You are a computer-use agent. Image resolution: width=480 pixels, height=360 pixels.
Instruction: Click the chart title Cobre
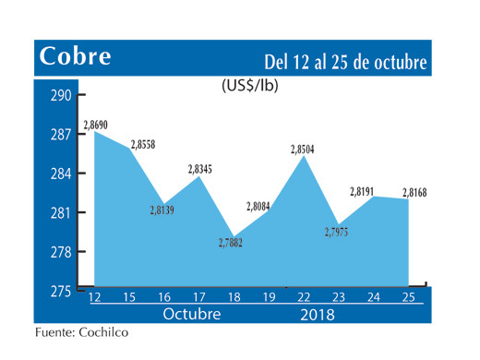tap(75, 57)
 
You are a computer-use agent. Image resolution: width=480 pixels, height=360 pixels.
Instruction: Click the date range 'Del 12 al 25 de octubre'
tap(344, 62)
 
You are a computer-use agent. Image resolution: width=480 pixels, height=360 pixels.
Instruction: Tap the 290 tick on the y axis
tap(61, 96)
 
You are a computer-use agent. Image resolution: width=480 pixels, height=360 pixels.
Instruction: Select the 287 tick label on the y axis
tap(61, 136)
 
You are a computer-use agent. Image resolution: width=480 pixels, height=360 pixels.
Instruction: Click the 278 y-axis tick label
tap(61, 252)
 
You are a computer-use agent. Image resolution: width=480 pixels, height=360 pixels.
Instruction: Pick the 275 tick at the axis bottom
tap(61, 292)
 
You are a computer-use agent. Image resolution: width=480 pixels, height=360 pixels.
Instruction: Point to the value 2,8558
tap(144, 146)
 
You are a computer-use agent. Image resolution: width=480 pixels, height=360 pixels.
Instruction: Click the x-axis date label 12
tap(94, 298)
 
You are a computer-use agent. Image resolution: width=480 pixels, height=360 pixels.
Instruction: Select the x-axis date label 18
tap(234, 298)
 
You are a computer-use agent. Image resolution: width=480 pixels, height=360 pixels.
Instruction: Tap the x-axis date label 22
tap(303, 298)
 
